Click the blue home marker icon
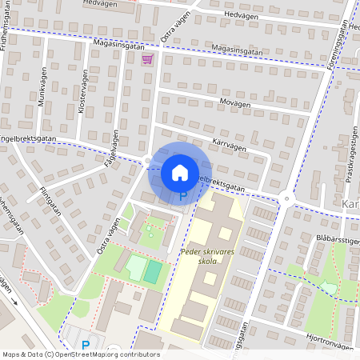180,172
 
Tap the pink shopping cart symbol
147,59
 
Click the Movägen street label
234,104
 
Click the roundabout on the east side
286,198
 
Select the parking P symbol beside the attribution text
86,346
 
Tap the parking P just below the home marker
182,194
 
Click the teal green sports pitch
151,270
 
